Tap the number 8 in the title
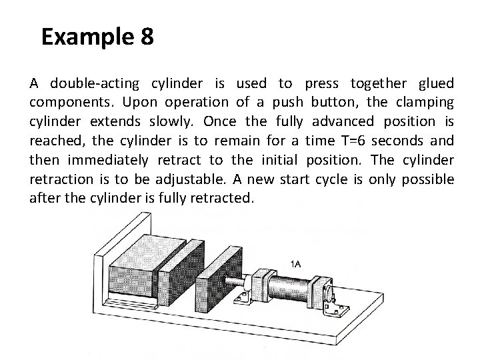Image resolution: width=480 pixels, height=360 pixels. (x=147, y=37)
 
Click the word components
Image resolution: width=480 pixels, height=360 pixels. (x=73, y=103)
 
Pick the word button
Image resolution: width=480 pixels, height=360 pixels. (x=333, y=103)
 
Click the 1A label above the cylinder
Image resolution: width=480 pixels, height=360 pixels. (x=295, y=265)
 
